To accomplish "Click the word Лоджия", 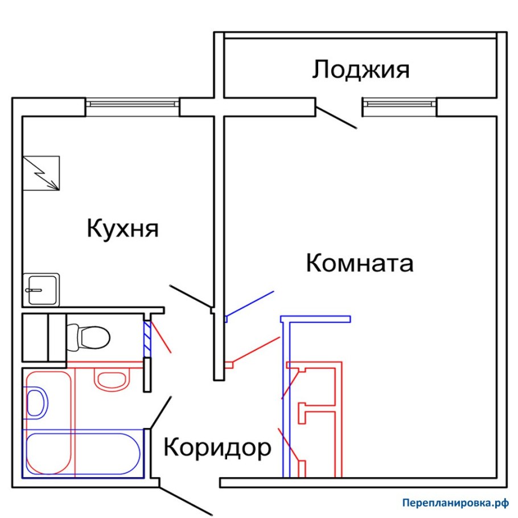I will (x=361, y=71).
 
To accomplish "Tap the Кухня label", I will (x=122, y=229).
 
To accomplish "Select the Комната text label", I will (x=359, y=264).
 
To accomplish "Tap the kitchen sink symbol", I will (x=41, y=289).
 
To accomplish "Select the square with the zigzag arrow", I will (x=41, y=173).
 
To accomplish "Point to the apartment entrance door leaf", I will (x=184, y=501).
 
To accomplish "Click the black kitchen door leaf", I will (x=191, y=298).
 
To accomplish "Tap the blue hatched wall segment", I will (x=146, y=337).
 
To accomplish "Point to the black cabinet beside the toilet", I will (x=43, y=337).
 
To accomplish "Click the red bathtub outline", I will (x=48, y=421).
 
